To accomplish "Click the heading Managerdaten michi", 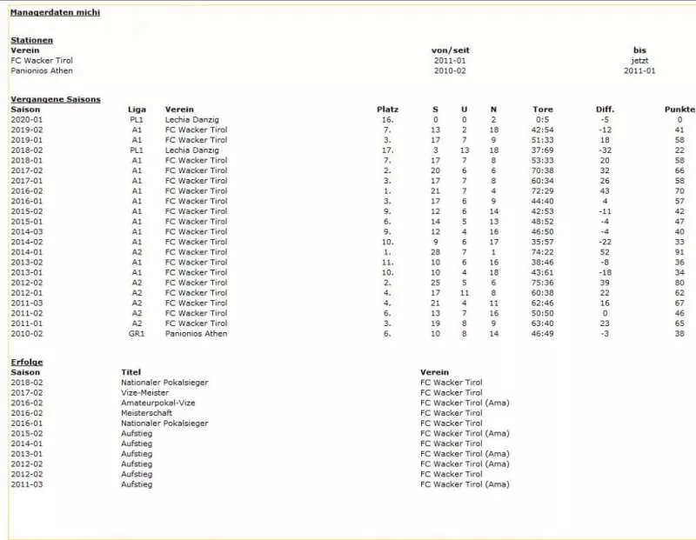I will [55, 13].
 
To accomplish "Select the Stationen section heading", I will [31, 40].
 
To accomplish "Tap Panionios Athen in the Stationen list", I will [41, 71].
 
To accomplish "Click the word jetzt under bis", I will [639, 61].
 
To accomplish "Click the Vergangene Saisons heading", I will [56, 99].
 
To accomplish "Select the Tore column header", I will [543, 110].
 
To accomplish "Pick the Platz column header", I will [387, 110].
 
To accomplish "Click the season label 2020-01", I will [26, 119].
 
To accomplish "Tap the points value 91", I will [679, 252].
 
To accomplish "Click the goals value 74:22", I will [543, 252].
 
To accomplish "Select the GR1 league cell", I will [137, 334].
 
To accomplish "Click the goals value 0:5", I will [543, 119].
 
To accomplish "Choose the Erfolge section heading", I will [26, 362].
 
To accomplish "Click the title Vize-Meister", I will [144, 392].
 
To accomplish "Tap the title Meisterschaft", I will [147, 413].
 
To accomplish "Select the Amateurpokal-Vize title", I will [157, 403].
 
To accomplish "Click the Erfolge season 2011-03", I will [26, 484].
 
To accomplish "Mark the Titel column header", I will [130, 372].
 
